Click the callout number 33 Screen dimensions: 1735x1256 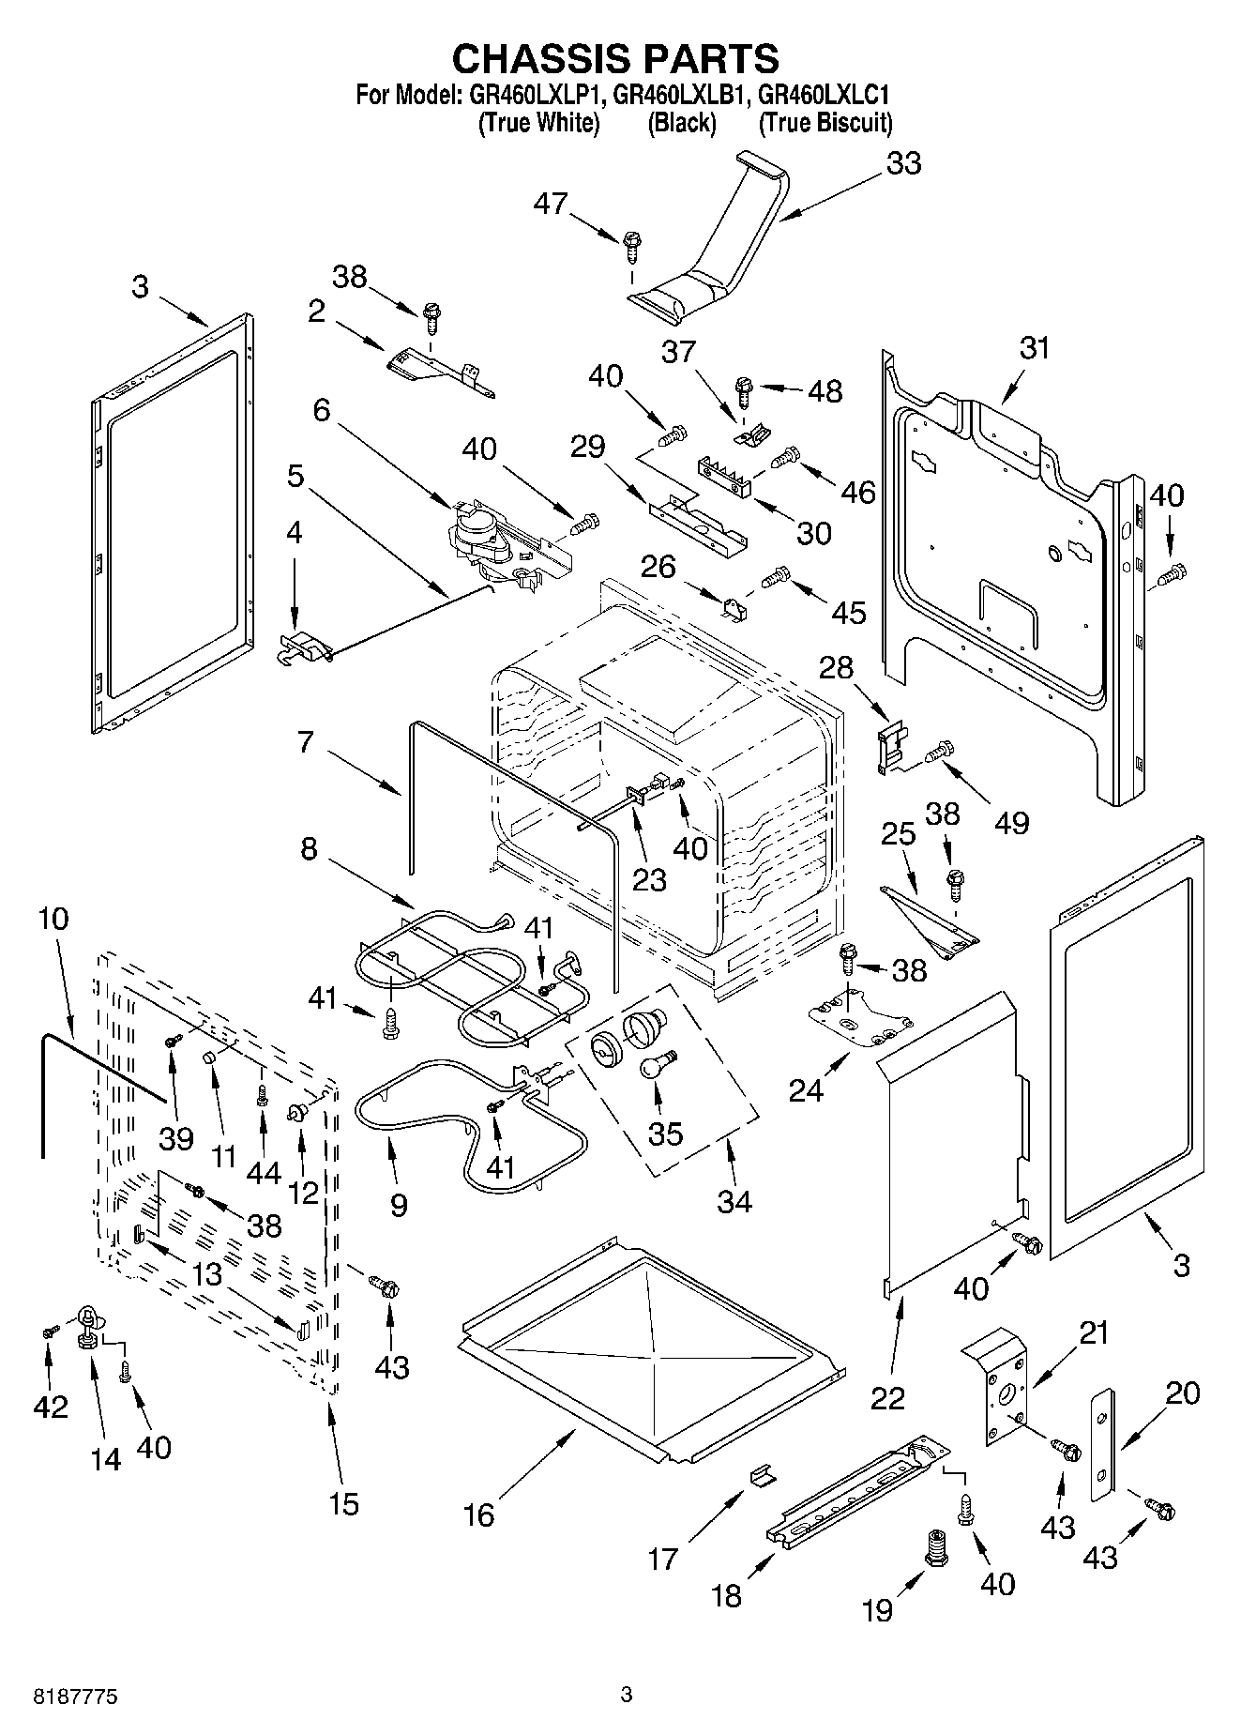903,163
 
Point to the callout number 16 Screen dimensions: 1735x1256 479,1514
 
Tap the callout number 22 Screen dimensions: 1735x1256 887,1398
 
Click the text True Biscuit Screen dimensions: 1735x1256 825,123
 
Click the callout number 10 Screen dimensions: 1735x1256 53,918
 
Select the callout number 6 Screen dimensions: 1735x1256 322,410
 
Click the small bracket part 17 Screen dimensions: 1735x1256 764,1478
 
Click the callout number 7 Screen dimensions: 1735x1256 305,742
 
